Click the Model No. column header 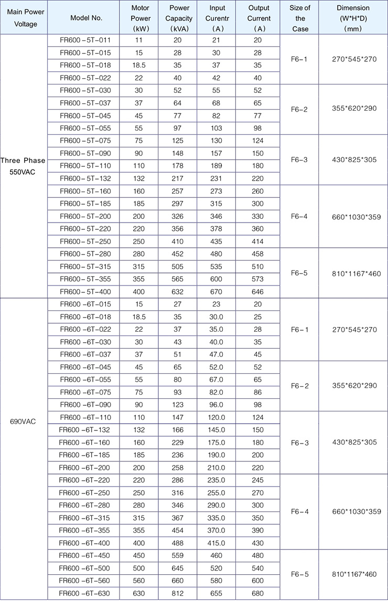pyautogui.click(x=86, y=18)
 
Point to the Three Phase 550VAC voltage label pyautogui.click(x=23, y=166)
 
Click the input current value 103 pyautogui.click(x=218, y=128)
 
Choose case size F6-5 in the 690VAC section pyautogui.click(x=300, y=574)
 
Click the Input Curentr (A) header pyautogui.click(x=218, y=18)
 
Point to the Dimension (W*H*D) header pyautogui.click(x=353, y=18)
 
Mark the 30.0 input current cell pyautogui.click(x=218, y=317)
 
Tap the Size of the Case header pyautogui.click(x=300, y=18)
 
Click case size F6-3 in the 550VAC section pyautogui.click(x=300, y=160)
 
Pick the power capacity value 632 pyautogui.click(x=179, y=291)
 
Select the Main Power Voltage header pyautogui.click(x=23, y=18)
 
